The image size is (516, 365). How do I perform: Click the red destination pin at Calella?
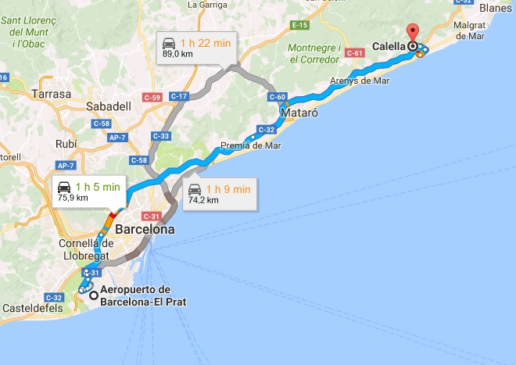412,33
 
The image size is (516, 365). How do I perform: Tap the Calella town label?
388,46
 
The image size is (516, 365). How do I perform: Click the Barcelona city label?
144,231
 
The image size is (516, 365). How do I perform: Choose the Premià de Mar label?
251,145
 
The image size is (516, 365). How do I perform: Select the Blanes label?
496,7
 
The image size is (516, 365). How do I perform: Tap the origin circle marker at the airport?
94,295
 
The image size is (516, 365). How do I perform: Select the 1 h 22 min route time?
206,41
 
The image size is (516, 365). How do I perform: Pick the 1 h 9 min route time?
228,188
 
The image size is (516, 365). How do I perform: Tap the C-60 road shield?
278,97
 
